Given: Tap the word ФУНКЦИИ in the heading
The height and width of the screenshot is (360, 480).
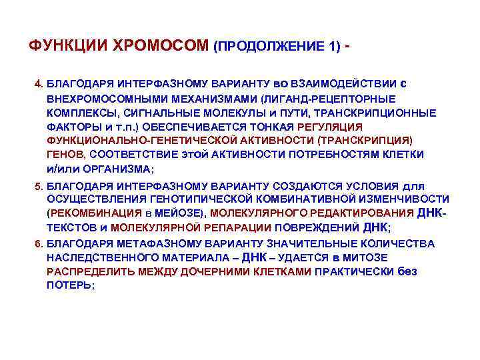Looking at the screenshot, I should click(x=70, y=47).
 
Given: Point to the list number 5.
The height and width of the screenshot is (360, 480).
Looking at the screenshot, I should click(x=38, y=186).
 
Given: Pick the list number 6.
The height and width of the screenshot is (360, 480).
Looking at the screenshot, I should click(x=38, y=243).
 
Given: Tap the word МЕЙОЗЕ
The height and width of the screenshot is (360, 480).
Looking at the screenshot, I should click(x=181, y=213).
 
